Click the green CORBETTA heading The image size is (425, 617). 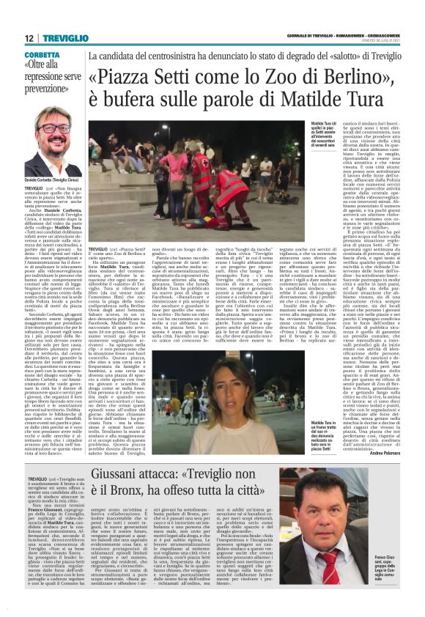click(42, 56)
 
